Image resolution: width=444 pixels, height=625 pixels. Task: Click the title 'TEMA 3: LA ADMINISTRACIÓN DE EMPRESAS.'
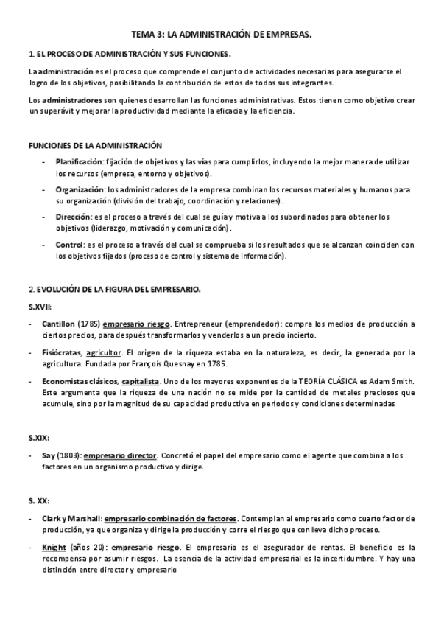[221, 34]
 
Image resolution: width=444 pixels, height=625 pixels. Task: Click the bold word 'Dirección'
[73, 217]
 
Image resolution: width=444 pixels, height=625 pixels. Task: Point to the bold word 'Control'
[69, 245]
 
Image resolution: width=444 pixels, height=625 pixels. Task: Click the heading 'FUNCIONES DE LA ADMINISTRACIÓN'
[95, 146]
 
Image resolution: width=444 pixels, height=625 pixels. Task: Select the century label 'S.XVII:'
[40, 306]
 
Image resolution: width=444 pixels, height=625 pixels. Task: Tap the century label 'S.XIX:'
[39, 437]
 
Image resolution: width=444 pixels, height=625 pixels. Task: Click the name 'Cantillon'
[59, 324]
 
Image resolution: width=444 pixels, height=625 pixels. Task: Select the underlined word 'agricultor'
[104, 352]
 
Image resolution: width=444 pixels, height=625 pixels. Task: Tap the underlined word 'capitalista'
[141, 381]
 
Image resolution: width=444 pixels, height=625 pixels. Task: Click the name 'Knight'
[54, 548]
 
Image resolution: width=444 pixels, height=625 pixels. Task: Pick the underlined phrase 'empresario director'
[120, 455]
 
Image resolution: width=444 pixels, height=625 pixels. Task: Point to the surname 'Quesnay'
[186, 363]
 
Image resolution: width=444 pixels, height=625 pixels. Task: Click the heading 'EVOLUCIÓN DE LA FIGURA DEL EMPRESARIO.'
[118, 289]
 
